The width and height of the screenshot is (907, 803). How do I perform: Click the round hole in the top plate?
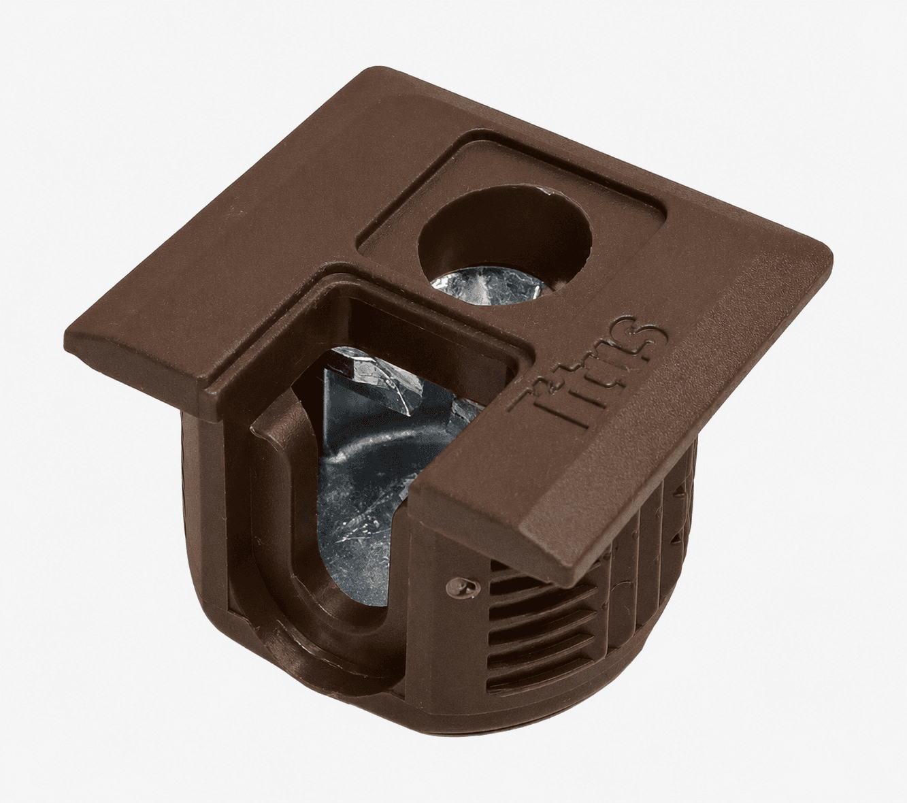coord(505,252)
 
